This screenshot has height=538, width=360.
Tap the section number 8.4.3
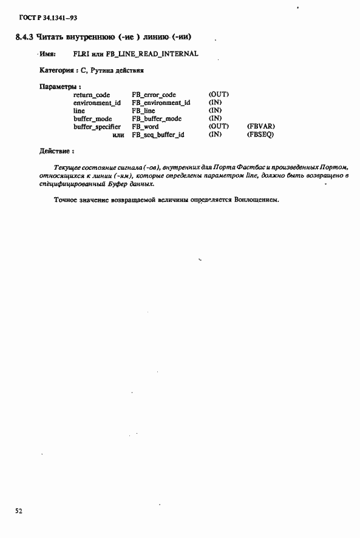pos(24,37)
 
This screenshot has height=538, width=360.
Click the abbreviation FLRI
pos(81,54)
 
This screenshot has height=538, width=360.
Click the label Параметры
pos(59,87)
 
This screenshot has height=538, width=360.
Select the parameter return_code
pos(92,95)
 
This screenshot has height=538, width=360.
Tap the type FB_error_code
pos(154,95)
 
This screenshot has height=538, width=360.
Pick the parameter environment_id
pos(97,103)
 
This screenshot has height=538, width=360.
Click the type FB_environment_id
pos(160,103)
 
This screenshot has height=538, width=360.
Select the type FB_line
pos(143,111)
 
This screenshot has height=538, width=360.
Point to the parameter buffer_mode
pos(92,119)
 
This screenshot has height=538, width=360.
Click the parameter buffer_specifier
pos(97,127)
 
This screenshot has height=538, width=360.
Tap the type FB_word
pos(145,127)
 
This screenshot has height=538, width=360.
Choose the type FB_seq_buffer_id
pos(158,135)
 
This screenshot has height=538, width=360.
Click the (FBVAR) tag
pos(262,127)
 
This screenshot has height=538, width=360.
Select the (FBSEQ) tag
pos(261,135)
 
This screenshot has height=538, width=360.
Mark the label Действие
pos(56,150)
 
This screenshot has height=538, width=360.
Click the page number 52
pos(19,511)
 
